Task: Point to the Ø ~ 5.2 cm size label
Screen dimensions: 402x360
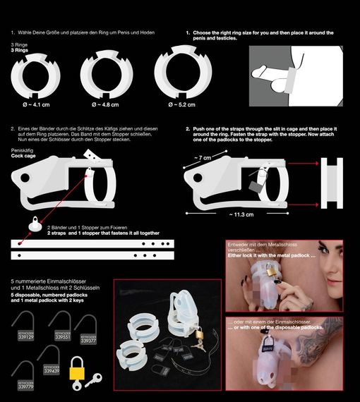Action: tap(183, 104)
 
